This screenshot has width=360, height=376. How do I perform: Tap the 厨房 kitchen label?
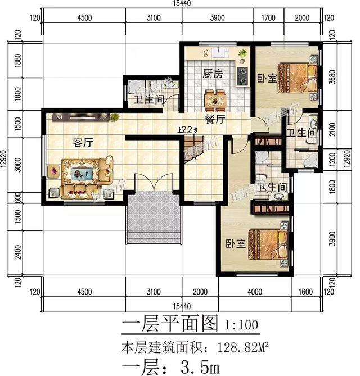[214, 73]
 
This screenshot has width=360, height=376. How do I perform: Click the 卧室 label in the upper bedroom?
[267, 79]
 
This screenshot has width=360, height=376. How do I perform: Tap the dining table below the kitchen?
[215, 100]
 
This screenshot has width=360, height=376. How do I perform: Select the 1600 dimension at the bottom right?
[305, 292]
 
